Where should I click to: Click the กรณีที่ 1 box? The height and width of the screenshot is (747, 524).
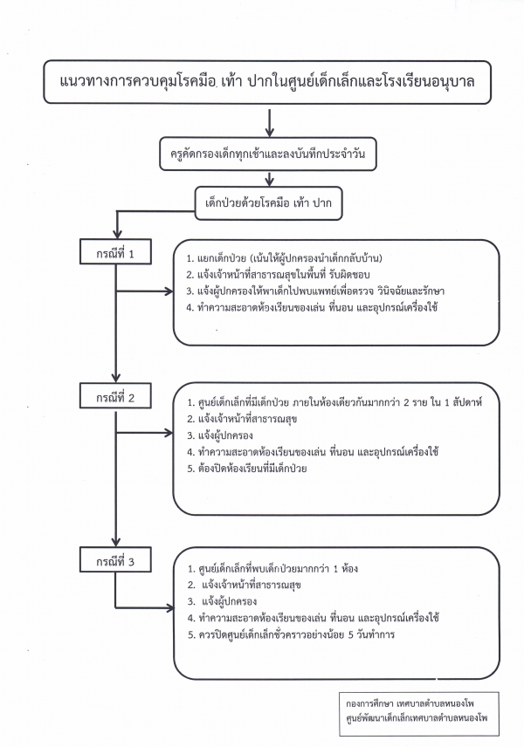pyautogui.click(x=117, y=255)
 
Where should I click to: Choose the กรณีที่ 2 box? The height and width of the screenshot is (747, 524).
pyautogui.click(x=117, y=398)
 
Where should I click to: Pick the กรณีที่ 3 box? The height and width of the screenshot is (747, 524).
pyautogui.click(x=117, y=560)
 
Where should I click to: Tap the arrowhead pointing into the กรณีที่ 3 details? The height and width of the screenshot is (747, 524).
pyautogui.click(x=171, y=605)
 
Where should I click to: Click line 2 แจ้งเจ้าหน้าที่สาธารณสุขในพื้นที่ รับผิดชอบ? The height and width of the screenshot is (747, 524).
pyautogui.click(x=279, y=275)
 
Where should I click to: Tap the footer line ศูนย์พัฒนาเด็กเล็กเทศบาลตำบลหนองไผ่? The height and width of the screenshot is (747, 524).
pyautogui.click(x=421, y=717)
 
